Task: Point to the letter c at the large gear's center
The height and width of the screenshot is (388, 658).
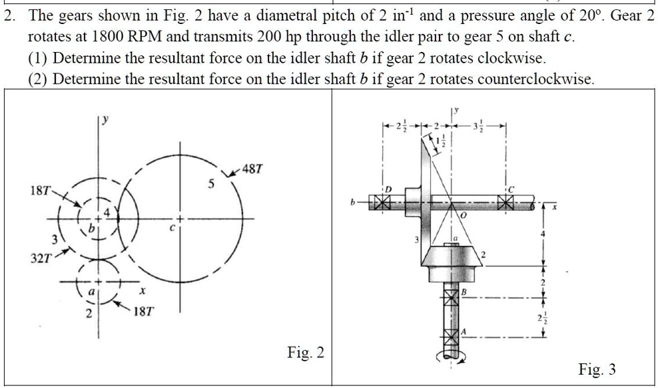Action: tap(171, 227)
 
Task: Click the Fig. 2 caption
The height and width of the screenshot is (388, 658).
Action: tap(306, 352)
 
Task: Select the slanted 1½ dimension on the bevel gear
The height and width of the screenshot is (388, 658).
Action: tap(440, 141)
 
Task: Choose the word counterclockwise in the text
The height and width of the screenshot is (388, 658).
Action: tap(521, 79)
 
